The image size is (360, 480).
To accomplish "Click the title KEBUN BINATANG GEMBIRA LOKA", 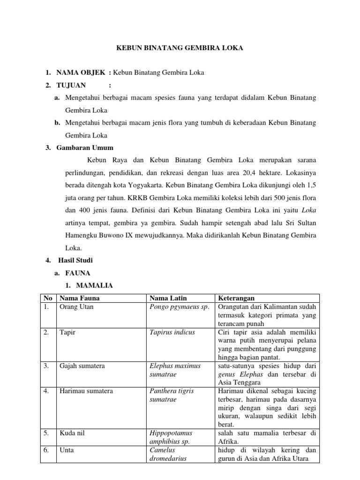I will point(180,48).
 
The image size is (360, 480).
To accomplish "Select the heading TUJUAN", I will point(71,85).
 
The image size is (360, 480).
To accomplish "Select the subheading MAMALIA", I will point(92,285).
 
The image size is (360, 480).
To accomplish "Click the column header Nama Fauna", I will point(79,298).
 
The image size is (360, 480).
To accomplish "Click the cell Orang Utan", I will point(76,307).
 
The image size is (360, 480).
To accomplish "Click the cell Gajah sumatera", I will point(82,365).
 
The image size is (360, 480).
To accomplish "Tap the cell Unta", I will point(67,450).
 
